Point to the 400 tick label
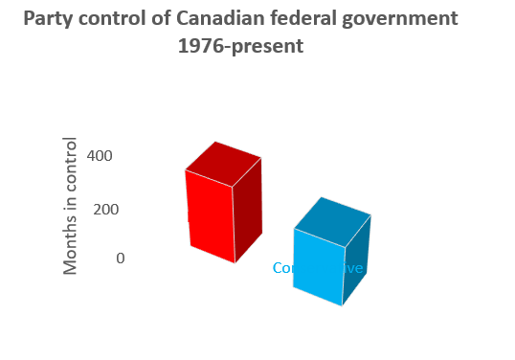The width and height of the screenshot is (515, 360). tap(101, 156)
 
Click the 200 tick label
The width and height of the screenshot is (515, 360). tap(104, 209)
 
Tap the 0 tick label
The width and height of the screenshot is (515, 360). tap(120, 258)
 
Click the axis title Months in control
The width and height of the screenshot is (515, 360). tap(71, 206)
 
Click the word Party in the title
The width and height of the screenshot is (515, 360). tap(47, 18)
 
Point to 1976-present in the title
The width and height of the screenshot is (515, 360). tap(240, 45)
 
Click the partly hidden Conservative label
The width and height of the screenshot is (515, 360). tap(283, 268)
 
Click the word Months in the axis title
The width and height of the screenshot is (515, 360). tap(71, 250)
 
